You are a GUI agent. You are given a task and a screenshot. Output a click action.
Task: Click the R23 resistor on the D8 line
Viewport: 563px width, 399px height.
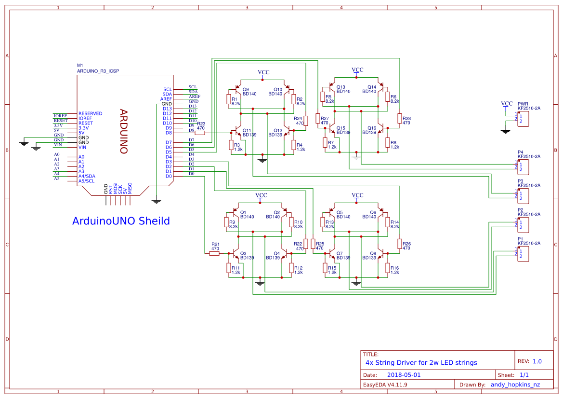pos(200,133)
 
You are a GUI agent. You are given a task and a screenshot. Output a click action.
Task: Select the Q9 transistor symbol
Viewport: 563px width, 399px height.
pos(237,90)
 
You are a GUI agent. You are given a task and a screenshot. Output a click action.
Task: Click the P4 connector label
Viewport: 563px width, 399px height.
pos(520,151)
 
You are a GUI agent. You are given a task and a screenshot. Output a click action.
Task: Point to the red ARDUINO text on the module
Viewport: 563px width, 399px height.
pos(123,131)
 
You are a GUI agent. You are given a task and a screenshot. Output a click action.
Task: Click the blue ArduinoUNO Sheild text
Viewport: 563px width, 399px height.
pos(121,221)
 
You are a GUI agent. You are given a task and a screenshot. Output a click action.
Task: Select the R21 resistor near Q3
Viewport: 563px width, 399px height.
pos(214,253)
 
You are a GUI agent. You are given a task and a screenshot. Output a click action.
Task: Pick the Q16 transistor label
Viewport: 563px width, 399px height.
pos(371,128)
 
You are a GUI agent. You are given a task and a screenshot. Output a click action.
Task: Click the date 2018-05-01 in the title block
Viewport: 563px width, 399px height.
pos(404,375)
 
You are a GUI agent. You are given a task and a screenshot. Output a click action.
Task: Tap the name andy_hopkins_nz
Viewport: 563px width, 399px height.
pos(515,385)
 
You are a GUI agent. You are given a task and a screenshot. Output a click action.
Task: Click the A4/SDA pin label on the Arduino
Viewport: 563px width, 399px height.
pos(87,176)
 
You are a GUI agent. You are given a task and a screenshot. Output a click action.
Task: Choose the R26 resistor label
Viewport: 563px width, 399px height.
pos(406,244)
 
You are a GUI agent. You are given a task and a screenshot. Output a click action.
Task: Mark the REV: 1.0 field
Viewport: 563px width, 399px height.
pos(530,361)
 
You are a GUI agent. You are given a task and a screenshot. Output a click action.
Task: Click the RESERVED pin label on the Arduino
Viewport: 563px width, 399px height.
pos(90,113)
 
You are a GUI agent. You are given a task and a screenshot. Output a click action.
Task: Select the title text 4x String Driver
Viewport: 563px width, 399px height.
pos(421,362)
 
